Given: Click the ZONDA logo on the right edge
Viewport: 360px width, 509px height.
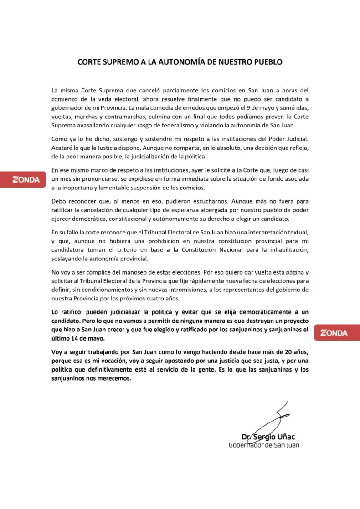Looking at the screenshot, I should (x=334, y=333).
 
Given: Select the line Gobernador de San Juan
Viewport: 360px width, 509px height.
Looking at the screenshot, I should (x=264, y=445).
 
